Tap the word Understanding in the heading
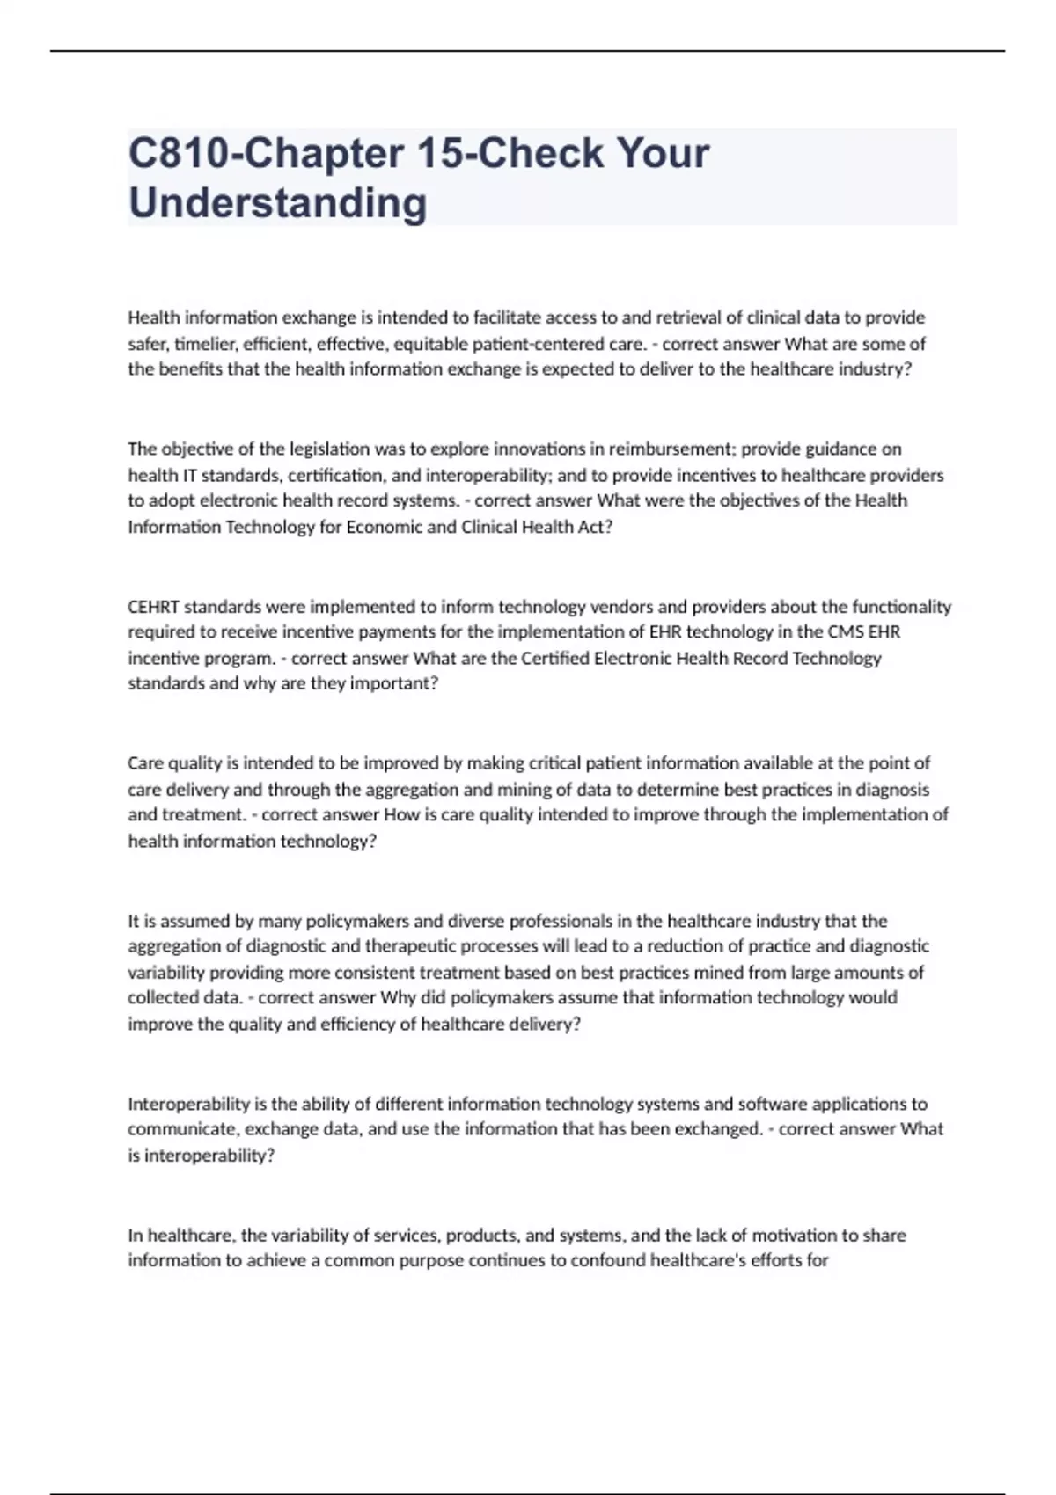click(277, 203)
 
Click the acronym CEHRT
click(153, 607)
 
